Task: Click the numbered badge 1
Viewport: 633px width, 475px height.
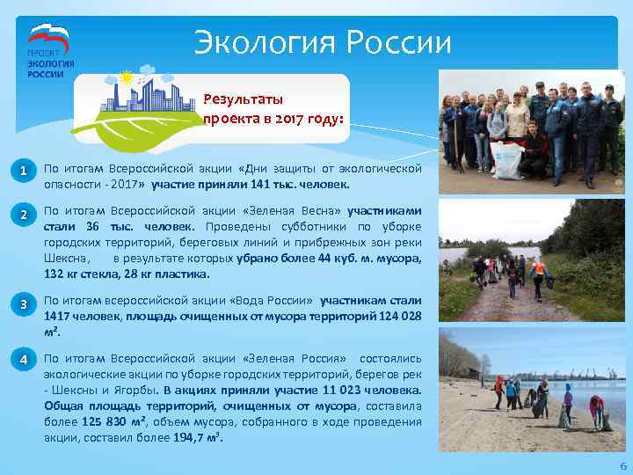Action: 26,170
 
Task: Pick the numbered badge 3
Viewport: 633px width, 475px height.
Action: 26,306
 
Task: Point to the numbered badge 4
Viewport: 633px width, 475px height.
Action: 26,359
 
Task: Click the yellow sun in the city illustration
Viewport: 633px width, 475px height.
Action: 127,77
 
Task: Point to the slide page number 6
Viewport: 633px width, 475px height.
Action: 622,465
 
